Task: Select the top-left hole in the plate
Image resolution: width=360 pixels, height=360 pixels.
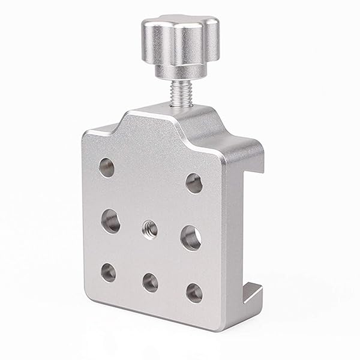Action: pyautogui.click(x=106, y=167)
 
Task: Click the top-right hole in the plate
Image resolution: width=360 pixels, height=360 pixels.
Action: pyautogui.click(x=194, y=183)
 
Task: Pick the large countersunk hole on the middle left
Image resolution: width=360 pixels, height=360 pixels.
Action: pyautogui.click(x=110, y=221)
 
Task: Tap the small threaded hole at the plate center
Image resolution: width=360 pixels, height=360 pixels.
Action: pyautogui.click(x=149, y=228)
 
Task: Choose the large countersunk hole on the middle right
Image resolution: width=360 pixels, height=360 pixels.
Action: pyautogui.click(x=191, y=237)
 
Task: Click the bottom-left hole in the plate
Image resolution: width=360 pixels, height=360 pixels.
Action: pyautogui.click(x=108, y=272)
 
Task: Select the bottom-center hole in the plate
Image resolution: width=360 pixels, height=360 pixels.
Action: pyautogui.click(x=150, y=282)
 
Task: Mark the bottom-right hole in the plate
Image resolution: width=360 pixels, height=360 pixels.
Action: pyautogui.click(x=194, y=293)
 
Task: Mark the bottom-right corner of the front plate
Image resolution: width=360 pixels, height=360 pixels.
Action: pyautogui.click(x=221, y=327)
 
